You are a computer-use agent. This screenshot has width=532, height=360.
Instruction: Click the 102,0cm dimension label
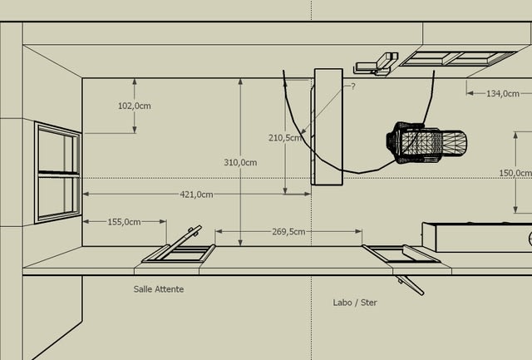pos(135,106)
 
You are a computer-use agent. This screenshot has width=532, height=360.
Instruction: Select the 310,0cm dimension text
pos(240,162)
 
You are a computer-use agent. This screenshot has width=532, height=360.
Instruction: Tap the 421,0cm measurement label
pos(196,195)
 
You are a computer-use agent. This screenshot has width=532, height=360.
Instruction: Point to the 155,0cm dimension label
pos(124,222)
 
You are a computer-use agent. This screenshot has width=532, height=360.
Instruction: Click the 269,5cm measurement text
pos(288,232)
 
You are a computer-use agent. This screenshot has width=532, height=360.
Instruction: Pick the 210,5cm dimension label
pos(285,138)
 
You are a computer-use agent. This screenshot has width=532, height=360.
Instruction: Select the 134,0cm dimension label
pos(503,94)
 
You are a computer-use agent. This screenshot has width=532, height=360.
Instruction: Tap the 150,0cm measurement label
pos(515,173)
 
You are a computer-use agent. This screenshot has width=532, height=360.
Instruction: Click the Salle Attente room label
pos(159,289)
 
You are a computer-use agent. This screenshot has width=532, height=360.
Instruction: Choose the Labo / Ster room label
pos(355,303)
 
